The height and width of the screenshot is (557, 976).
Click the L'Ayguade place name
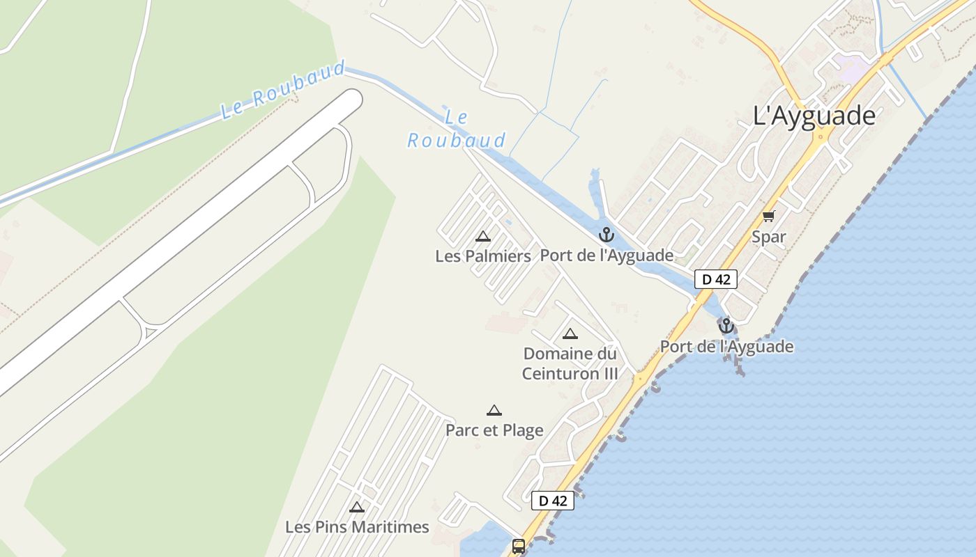point(814,116)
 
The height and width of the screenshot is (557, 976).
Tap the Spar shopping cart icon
point(768,217)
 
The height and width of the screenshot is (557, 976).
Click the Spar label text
point(768,237)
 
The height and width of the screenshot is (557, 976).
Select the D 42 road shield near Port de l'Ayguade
point(716,279)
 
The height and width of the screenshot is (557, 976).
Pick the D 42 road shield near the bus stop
point(552,500)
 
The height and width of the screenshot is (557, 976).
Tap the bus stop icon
point(519,546)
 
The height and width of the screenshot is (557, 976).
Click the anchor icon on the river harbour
point(606,235)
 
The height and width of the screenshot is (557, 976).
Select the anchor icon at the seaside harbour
point(726,326)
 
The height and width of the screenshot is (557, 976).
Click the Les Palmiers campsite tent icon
point(483,236)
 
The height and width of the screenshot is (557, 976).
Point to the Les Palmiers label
point(483,256)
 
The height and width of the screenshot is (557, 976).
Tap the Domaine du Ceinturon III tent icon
point(570,334)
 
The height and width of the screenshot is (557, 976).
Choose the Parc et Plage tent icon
point(494,410)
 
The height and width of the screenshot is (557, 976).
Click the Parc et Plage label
point(494,430)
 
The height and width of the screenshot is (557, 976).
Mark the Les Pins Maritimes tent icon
point(357,507)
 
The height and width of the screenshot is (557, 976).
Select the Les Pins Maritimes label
point(357,527)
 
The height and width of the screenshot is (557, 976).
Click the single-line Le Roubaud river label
point(283,91)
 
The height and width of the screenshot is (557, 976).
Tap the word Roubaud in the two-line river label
point(457,141)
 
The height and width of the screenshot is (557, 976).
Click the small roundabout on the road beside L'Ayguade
point(821,136)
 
